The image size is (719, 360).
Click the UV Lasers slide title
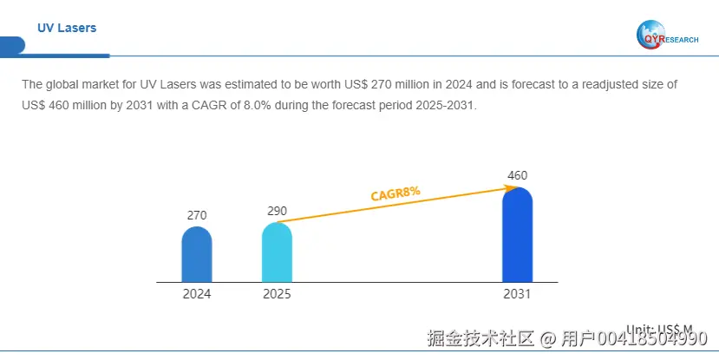tap(67, 28)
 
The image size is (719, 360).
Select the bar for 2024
tap(197, 255)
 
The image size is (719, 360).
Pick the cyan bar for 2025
tap(277, 252)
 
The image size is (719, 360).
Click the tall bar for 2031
tap(517, 235)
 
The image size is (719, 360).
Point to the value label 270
tap(197, 215)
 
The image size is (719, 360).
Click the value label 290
tap(277, 211)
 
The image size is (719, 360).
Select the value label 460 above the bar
tap(517, 176)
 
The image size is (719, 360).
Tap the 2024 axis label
tap(197, 294)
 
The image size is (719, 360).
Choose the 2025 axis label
tap(277, 294)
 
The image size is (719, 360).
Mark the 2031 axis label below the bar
tap(517, 294)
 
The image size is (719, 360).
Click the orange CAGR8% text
tap(395, 193)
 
